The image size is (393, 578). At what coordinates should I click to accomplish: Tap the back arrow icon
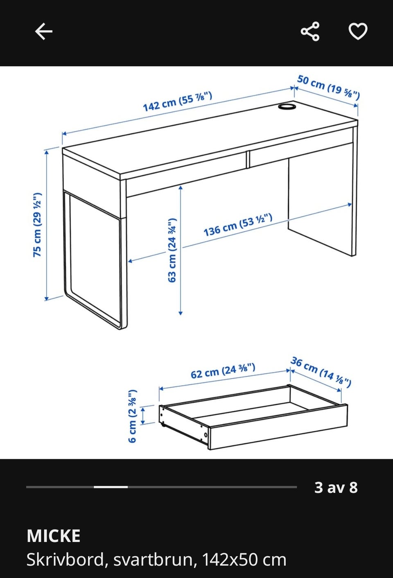click(44, 31)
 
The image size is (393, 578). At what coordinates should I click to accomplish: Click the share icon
click(310, 31)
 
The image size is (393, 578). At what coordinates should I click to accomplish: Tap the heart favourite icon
click(358, 31)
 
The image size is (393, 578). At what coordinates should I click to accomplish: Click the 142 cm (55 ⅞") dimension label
click(178, 102)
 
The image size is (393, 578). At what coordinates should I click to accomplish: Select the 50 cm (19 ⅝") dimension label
click(328, 87)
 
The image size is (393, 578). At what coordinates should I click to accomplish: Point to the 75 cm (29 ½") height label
click(37, 225)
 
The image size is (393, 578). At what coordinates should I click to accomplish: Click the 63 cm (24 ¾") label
click(172, 250)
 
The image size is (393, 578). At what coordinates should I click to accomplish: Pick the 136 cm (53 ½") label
click(238, 225)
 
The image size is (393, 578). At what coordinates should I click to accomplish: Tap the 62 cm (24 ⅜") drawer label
click(223, 371)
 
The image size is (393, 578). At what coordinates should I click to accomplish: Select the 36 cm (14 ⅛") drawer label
click(321, 372)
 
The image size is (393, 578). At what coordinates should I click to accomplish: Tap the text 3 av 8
click(336, 488)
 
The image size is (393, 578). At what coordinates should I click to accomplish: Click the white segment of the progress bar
click(111, 487)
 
